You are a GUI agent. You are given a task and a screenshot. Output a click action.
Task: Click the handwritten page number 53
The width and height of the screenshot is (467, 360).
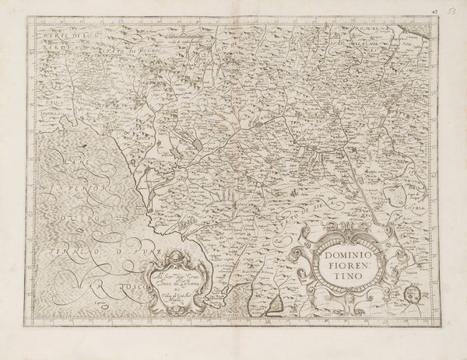(x=454, y=5)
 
